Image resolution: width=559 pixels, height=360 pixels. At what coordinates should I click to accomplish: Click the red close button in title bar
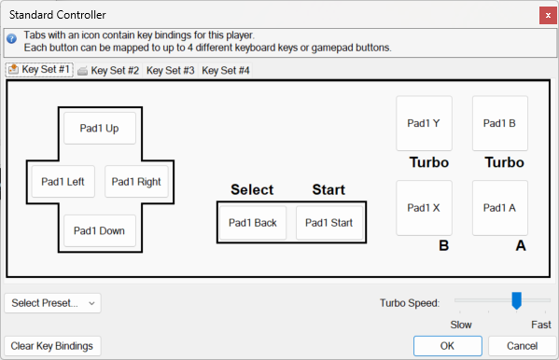pyautogui.click(x=548, y=15)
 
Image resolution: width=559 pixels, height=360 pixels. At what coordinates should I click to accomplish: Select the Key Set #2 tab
pyautogui.click(x=108, y=70)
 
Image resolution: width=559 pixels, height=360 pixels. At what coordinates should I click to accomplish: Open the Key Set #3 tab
pyautogui.click(x=171, y=70)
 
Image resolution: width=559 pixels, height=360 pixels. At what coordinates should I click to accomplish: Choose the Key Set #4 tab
pyautogui.click(x=226, y=70)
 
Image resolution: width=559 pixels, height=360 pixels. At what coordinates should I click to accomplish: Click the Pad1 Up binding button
pyautogui.click(x=100, y=129)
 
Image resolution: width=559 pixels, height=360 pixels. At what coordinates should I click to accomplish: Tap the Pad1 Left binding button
pyautogui.click(x=63, y=182)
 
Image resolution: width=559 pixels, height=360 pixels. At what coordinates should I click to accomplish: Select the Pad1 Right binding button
pyautogui.click(x=136, y=182)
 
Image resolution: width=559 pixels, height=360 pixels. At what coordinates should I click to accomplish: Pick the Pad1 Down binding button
pyautogui.click(x=100, y=230)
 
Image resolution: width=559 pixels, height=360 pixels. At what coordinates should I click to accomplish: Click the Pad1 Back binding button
pyautogui.click(x=253, y=223)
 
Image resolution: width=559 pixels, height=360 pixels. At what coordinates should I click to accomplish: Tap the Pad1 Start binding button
pyautogui.click(x=329, y=223)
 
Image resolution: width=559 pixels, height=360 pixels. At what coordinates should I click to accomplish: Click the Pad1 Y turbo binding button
pyautogui.click(x=425, y=123)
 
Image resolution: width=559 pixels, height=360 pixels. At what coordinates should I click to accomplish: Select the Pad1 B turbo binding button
pyautogui.click(x=500, y=123)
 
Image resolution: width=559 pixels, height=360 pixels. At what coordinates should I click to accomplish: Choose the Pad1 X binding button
pyautogui.click(x=425, y=208)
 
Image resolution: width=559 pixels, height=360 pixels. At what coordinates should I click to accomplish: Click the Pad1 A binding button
pyautogui.click(x=500, y=208)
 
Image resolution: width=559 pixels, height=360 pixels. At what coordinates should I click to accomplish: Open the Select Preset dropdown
pyautogui.click(x=53, y=303)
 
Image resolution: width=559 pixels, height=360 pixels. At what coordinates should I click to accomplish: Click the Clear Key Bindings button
pyautogui.click(x=52, y=346)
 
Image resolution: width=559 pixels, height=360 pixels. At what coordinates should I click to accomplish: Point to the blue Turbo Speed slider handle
pyautogui.click(x=517, y=300)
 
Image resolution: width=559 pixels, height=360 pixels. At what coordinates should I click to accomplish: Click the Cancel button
pyautogui.click(x=523, y=346)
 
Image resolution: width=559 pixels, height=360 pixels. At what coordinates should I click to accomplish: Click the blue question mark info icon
pyautogui.click(x=12, y=38)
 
